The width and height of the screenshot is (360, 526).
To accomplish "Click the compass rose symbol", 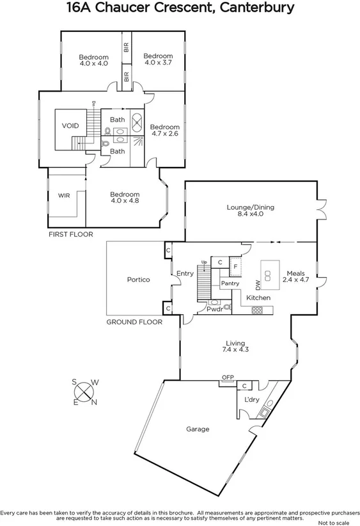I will [84, 392].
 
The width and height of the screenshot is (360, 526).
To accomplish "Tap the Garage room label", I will [198, 429].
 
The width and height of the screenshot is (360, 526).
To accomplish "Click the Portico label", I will [138, 280].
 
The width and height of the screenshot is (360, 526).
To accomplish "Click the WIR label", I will [64, 195].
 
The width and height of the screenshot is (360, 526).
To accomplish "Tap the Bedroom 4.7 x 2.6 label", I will [165, 131].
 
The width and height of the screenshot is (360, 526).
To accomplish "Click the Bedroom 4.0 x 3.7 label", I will [158, 60].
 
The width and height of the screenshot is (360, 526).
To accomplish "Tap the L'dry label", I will [251, 400].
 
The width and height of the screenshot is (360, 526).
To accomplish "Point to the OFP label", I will [228, 378].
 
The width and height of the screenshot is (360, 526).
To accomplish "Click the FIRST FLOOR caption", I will [70, 235].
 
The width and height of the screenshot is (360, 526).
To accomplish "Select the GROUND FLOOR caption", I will [134, 322].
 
